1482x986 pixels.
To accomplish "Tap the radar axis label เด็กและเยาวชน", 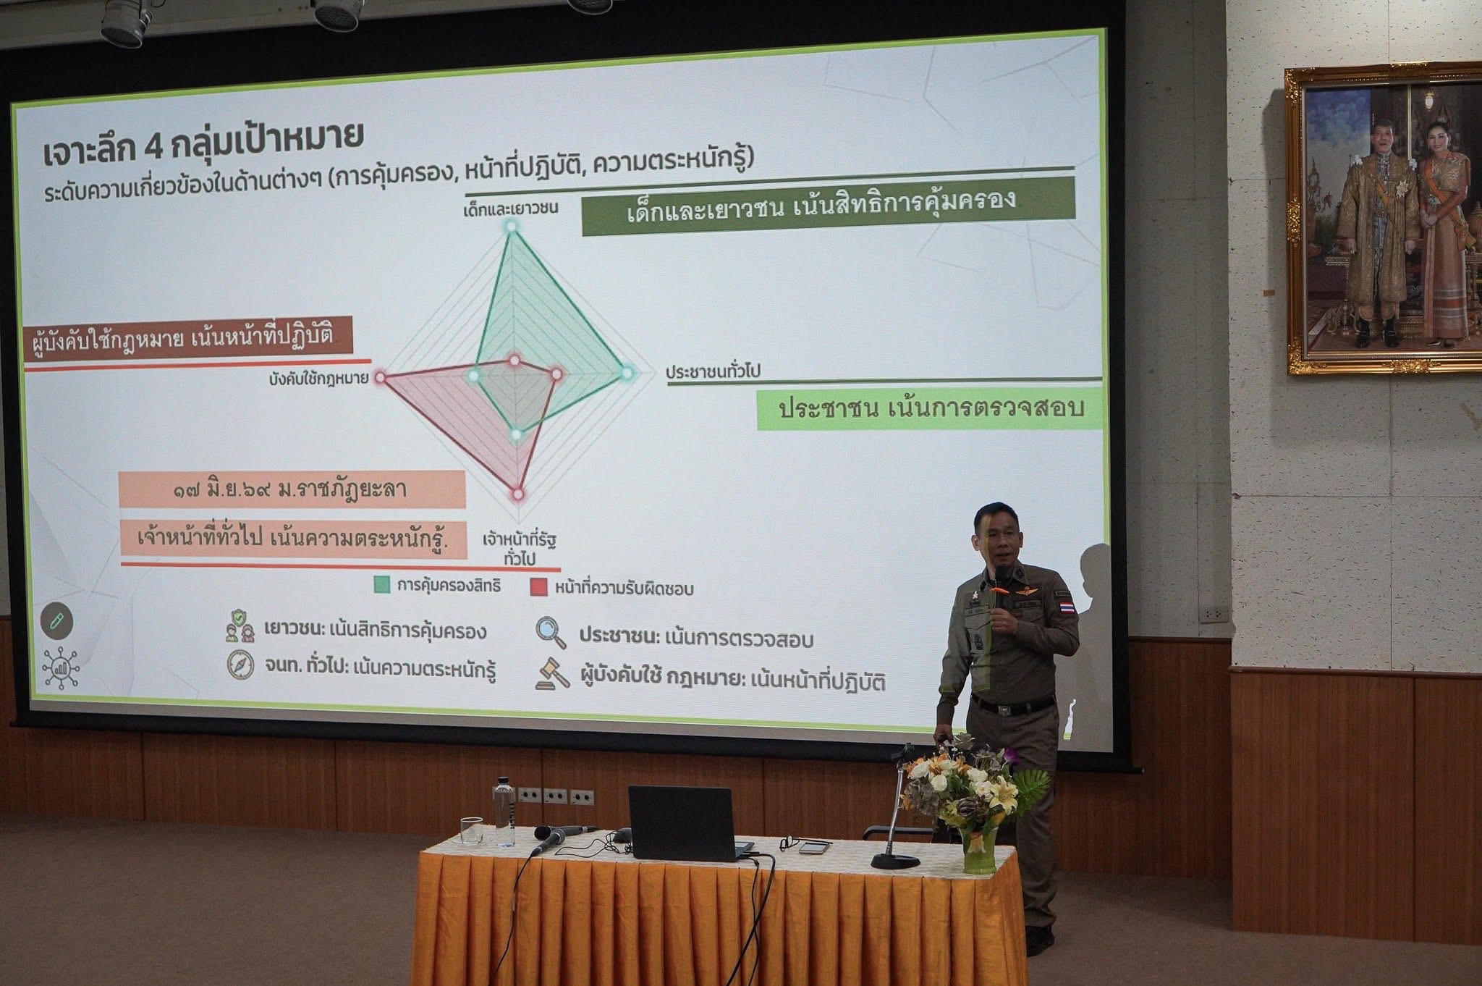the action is tap(511, 208).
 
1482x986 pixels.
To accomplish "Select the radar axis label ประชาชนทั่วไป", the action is tap(713, 372).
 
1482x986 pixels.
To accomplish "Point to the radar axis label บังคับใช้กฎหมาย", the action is tap(318, 378).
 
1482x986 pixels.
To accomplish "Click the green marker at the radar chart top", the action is tap(511, 227).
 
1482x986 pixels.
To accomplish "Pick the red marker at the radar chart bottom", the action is tap(518, 494).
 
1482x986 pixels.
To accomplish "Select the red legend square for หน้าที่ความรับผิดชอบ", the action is tap(538, 587).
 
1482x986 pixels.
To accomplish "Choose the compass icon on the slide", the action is tap(240, 666).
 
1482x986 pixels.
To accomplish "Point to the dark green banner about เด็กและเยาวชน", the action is tap(828, 206).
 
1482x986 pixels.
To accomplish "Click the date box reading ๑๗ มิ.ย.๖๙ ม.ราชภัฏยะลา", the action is tap(291, 490).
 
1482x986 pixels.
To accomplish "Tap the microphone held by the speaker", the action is tap(999, 583).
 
